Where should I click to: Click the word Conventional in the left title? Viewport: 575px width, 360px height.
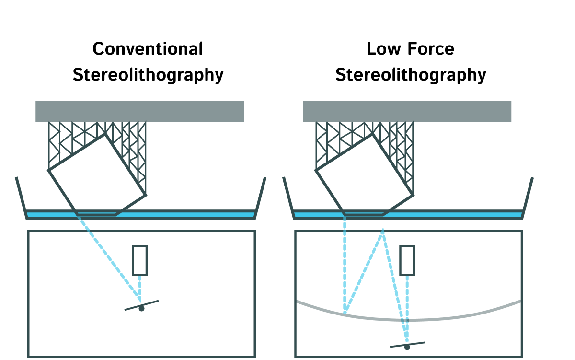click(148, 49)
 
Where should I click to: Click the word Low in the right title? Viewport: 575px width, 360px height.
click(382, 49)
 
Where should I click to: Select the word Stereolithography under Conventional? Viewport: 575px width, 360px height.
click(148, 75)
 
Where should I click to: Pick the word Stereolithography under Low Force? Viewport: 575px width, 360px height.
click(411, 75)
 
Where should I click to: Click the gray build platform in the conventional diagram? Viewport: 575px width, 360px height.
click(139, 111)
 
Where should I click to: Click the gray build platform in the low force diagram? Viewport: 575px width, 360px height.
click(407, 111)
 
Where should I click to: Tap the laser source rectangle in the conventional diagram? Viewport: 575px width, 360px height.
click(140, 260)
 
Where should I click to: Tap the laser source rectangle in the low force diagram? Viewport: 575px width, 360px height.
click(407, 260)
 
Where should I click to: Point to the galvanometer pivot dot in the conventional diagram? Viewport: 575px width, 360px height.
click(141, 309)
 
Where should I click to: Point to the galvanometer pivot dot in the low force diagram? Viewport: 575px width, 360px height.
click(407, 347)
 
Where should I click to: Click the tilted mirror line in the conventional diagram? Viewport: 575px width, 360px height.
click(151, 302)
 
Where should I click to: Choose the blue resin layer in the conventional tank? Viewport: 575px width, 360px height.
click(192, 214)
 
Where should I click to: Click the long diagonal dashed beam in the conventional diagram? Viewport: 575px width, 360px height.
click(108, 259)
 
